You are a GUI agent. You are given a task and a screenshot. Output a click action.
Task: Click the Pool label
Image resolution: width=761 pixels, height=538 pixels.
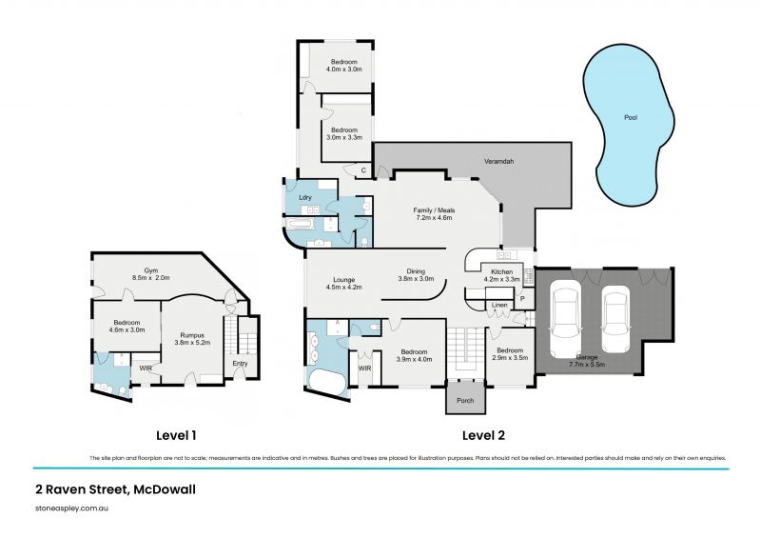(630, 118)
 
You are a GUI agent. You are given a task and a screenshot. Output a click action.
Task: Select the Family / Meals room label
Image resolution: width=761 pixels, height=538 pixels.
(433, 209)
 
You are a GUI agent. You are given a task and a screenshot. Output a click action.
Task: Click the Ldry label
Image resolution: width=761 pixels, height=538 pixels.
(306, 197)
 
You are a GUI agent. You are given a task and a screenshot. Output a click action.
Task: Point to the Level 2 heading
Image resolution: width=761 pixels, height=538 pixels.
(483, 436)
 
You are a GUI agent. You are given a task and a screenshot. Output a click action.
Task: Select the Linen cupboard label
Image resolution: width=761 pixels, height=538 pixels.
(498, 305)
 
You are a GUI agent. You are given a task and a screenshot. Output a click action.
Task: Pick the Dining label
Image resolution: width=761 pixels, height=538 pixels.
(415, 271)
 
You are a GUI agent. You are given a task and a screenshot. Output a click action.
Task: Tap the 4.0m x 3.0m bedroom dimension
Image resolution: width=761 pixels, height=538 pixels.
(344, 69)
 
